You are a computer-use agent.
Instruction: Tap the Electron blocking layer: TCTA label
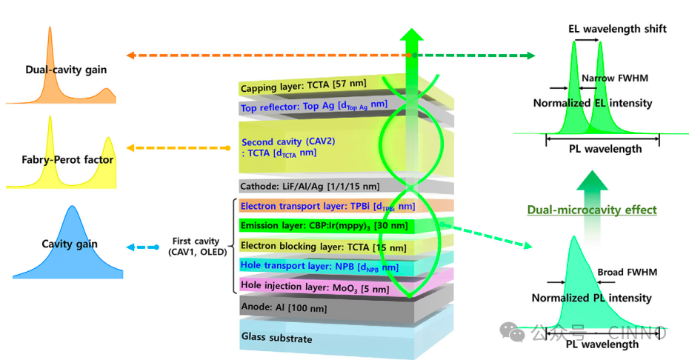point(303,245)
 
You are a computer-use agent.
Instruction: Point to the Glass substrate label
point(277,339)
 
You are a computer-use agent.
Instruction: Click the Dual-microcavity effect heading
point(592,210)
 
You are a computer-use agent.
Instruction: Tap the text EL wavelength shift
point(617,29)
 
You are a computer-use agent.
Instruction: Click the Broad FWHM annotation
point(627,273)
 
